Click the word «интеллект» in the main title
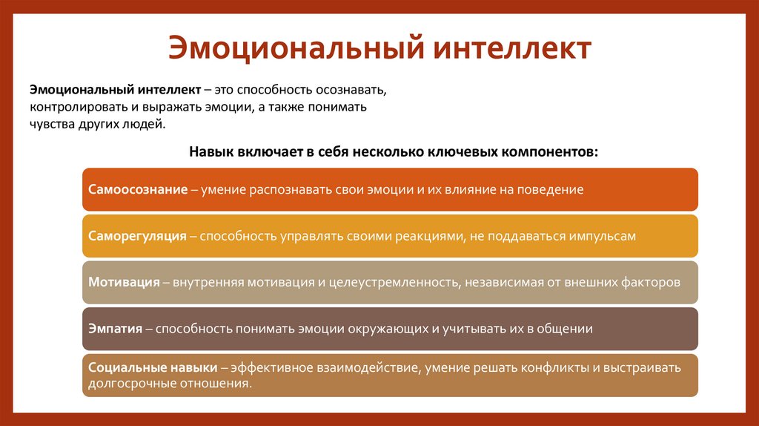pos(511,49)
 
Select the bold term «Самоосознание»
pos(137,189)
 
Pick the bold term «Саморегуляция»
pos(137,236)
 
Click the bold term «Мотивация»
pos(124,283)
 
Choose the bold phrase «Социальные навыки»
pos(152,368)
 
